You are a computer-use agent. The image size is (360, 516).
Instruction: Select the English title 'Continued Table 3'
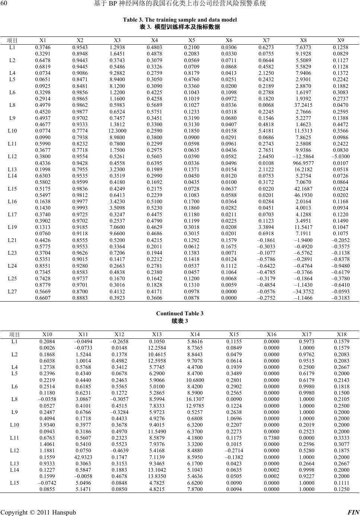180,313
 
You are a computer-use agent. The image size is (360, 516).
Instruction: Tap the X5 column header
192,40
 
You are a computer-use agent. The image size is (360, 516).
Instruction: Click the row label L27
12,292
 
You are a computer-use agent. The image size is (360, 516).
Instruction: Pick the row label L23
12,253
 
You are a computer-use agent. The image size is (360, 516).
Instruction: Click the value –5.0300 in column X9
341,157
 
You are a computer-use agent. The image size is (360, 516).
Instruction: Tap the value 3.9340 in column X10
47,425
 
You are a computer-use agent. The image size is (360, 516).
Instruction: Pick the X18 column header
342,334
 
